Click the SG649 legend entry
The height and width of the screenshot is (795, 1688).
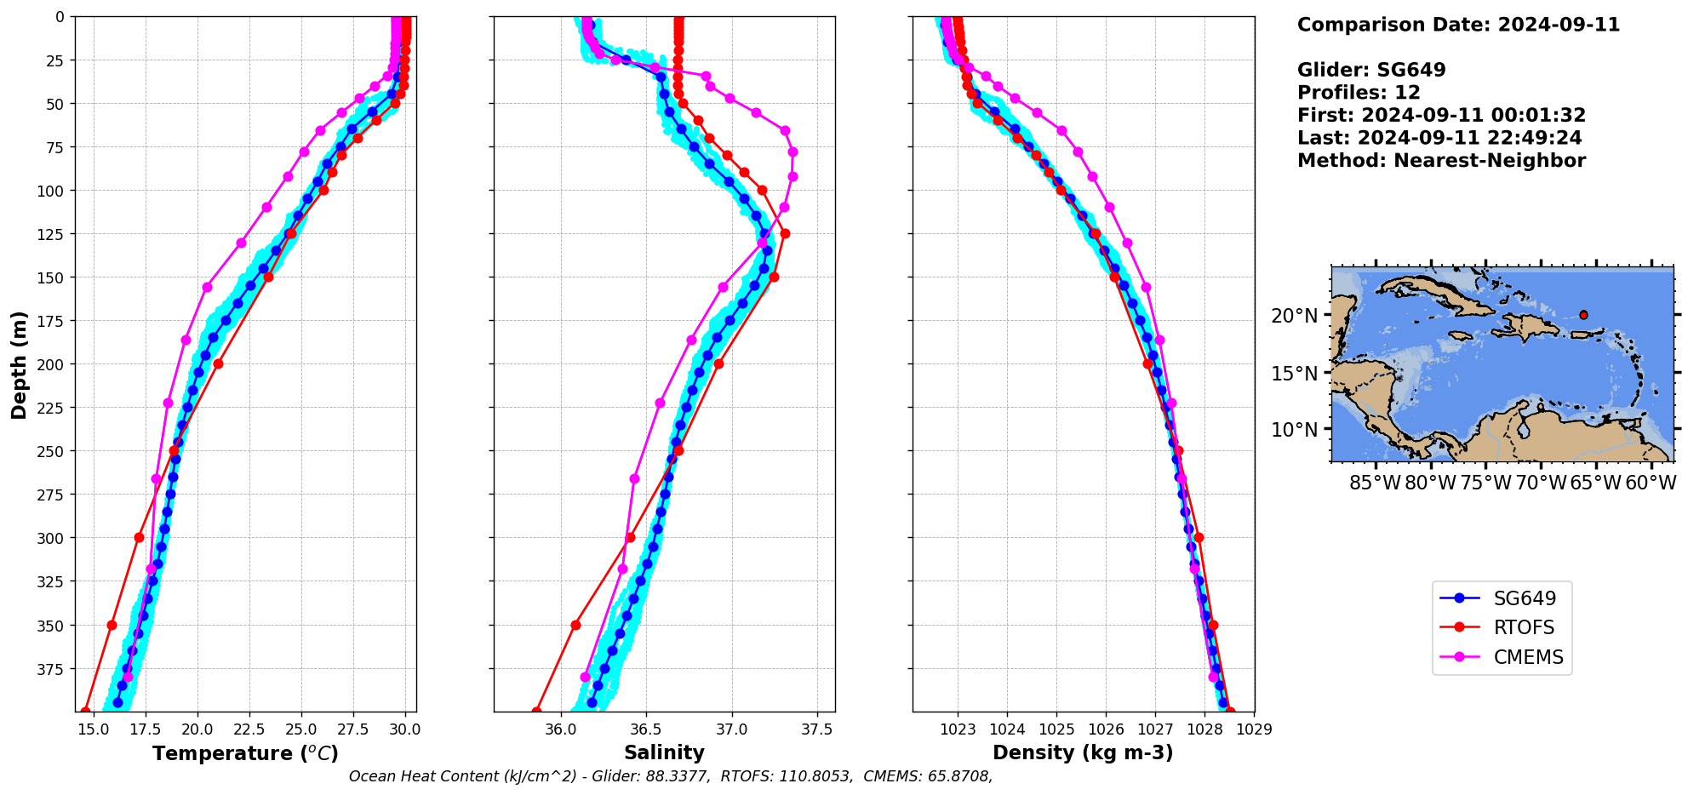[1524, 598]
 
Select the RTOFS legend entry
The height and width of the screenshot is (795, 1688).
[1523, 627]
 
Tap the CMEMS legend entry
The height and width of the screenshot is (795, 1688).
[1528, 657]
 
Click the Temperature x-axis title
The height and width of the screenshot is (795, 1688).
[245, 753]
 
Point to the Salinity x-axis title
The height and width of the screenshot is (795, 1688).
[664, 752]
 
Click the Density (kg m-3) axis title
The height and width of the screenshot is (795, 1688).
[1083, 752]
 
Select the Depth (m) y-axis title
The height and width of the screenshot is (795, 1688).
[19, 364]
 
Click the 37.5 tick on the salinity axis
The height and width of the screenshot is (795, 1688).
[817, 729]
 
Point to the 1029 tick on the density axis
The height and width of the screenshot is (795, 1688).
[1254, 729]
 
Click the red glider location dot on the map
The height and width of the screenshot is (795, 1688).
[1583, 315]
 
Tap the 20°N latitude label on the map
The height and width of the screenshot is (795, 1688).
[1294, 316]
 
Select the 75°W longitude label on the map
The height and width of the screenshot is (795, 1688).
[1485, 483]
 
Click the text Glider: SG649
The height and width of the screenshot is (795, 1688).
[1370, 70]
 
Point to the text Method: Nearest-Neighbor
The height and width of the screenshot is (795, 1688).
[1441, 160]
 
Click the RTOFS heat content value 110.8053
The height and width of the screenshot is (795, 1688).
[820, 776]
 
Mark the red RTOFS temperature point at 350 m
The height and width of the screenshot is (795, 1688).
[112, 625]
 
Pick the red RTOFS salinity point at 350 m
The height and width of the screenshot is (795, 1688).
[575, 625]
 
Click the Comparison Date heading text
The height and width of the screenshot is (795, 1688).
[1458, 25]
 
